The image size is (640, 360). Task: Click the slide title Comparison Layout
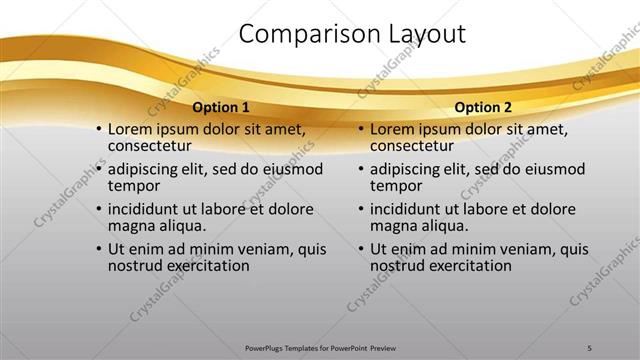(352, 34)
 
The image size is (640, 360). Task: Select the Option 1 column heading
(222, 107)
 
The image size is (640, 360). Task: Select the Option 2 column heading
(484, 107)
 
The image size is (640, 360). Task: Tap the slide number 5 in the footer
(590, 346)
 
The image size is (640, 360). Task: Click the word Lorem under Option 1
(130, 129)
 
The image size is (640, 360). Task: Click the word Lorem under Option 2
(392, 129)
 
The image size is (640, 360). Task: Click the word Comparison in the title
(298, 34)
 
